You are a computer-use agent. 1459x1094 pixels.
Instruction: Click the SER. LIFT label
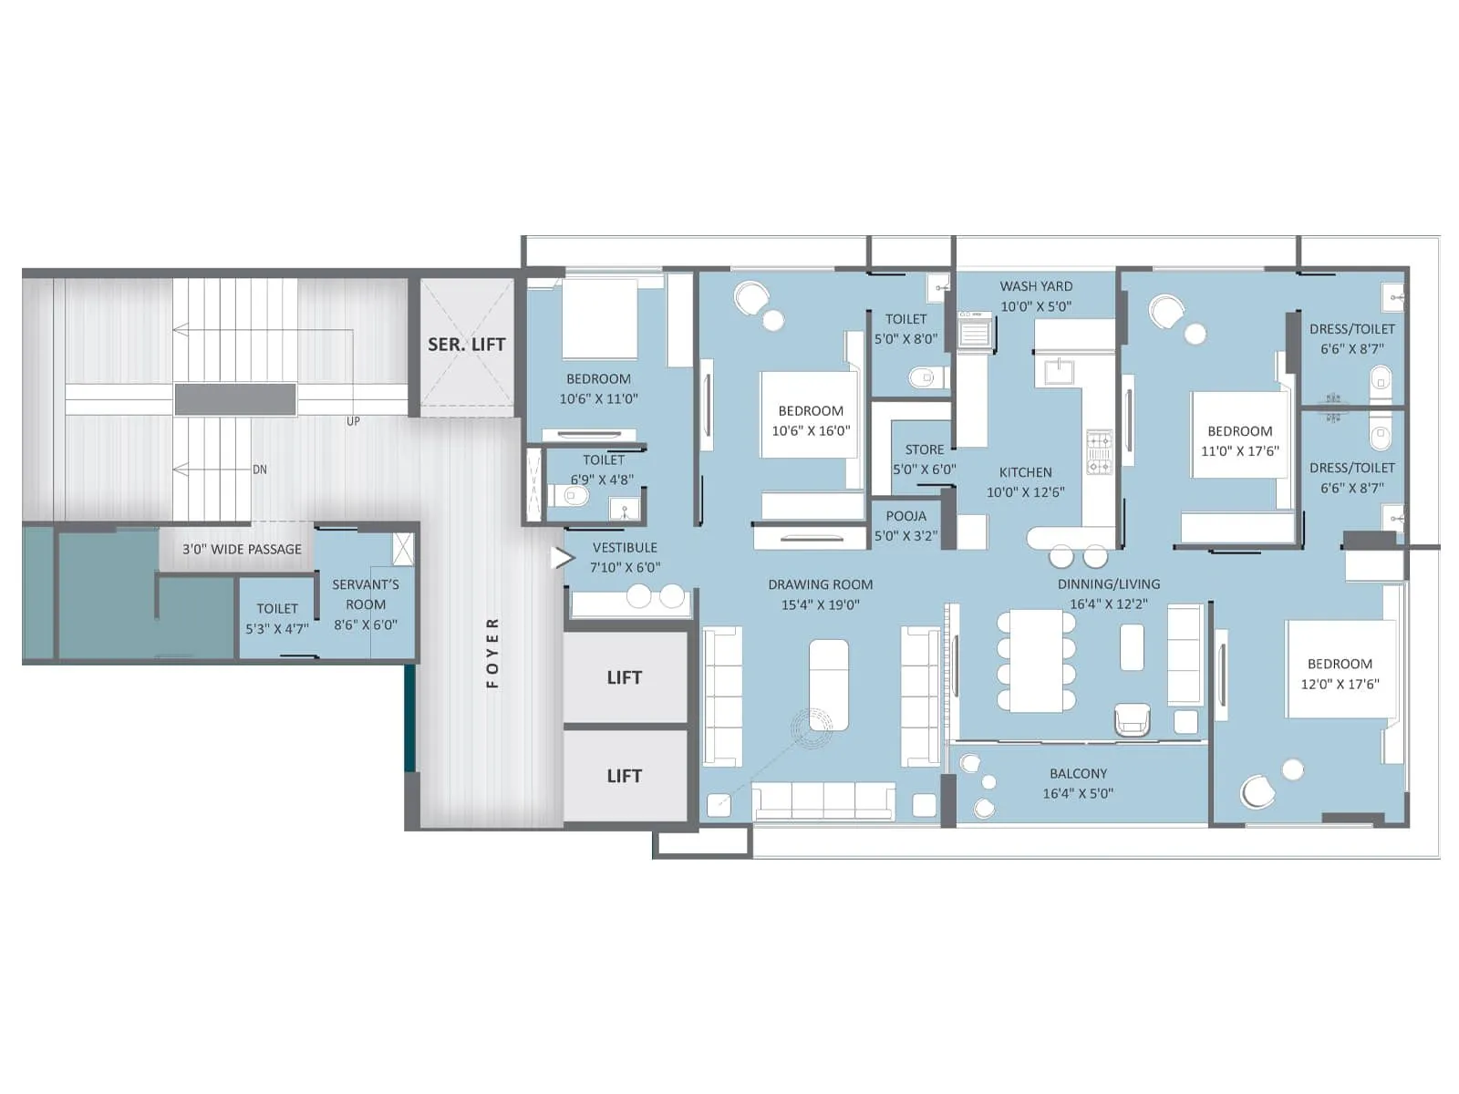[x=466, y=345]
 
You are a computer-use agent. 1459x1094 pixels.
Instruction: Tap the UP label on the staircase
[x=353, y=421]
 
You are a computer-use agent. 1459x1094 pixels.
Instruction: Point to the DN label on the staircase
[x=260, y=470]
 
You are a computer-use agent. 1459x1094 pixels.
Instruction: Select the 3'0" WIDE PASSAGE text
[x=242, y=549]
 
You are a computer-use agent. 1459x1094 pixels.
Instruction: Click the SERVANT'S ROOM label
[x=365, y=594]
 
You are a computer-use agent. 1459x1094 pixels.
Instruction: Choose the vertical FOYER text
[x=492, y=652]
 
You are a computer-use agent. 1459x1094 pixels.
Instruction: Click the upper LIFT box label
[x=625, y=677]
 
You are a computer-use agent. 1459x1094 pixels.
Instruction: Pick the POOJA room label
[x=905, y=516]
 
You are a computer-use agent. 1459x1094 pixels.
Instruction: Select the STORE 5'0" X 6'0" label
[x=924, y=459]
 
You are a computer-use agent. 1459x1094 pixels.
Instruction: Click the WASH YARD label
[x=1036, y=286]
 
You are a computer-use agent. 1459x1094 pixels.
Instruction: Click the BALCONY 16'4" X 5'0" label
[x=1078, y=783]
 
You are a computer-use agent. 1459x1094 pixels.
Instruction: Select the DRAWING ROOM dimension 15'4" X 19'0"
[x=820, y=604]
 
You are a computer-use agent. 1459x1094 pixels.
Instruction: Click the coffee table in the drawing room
[x=829, y=684]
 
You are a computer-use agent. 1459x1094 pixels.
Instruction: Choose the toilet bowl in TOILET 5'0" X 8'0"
[x=924, y=377]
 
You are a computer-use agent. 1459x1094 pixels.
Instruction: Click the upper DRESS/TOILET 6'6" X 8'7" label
[x=1351, y=338]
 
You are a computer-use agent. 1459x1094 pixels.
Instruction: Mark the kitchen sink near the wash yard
[x=1058, y=371]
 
